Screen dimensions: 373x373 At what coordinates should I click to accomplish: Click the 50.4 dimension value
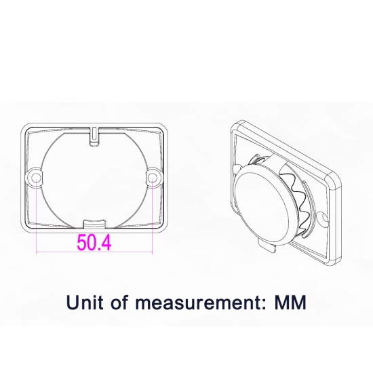click(94, 242)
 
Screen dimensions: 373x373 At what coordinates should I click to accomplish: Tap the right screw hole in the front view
click(152, 178)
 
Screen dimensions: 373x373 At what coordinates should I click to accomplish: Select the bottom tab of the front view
click(94, 224)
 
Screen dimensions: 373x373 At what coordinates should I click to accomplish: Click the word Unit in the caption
click(85, 302)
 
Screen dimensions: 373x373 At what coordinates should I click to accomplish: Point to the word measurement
click(197, 303)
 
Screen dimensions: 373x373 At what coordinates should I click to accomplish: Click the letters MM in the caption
click(290, 302)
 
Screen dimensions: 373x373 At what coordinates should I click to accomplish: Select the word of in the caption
click(119, 302)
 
